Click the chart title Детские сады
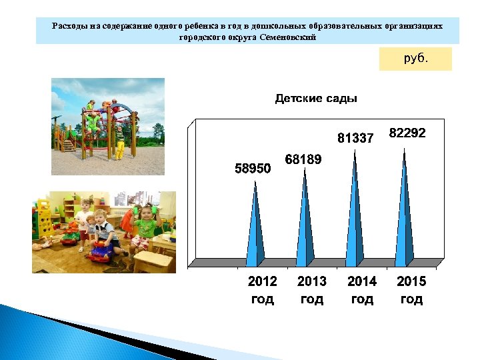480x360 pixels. (x=316, y=99)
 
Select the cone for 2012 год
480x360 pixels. (x=255, y=230)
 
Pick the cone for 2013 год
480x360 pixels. (x=305, y=220)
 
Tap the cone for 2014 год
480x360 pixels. (x=355, y=207)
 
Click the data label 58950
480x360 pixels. (x=253, y=169)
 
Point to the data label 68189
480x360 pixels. (x=303, y=160)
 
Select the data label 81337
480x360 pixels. (x=355, y=139)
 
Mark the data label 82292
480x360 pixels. (x=407, y=133)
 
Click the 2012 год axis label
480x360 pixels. (x=262, y=290)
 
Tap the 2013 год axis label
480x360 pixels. (x=312, y=290)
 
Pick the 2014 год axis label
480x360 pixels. (x=362, y=290)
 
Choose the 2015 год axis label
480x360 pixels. (x=411, y=290)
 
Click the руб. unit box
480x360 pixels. (x=415, y=59)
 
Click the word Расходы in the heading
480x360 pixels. (x=70, y=25)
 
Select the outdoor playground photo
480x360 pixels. (x=108, y=126)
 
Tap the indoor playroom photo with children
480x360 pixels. (x=104, y=232)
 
